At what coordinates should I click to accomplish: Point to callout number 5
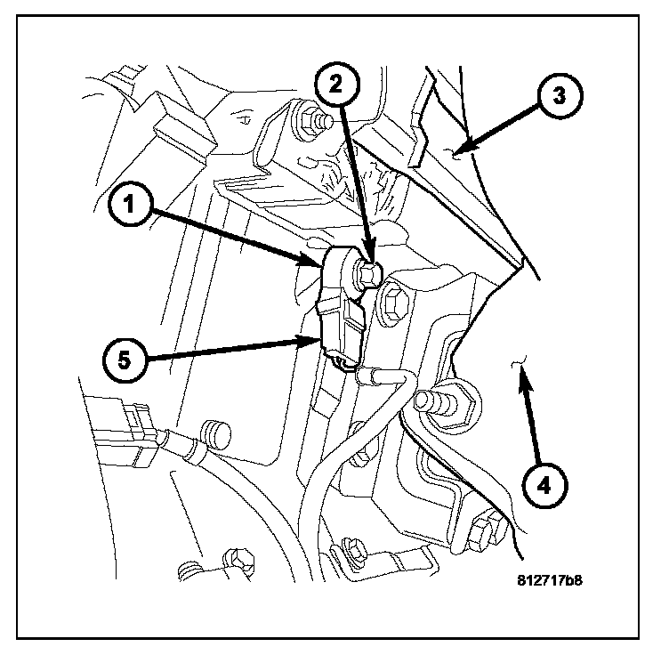pyautogui.click(x=125, y=360)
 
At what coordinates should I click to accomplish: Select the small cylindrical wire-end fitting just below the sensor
pyautogui.click(x=366, y=377)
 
